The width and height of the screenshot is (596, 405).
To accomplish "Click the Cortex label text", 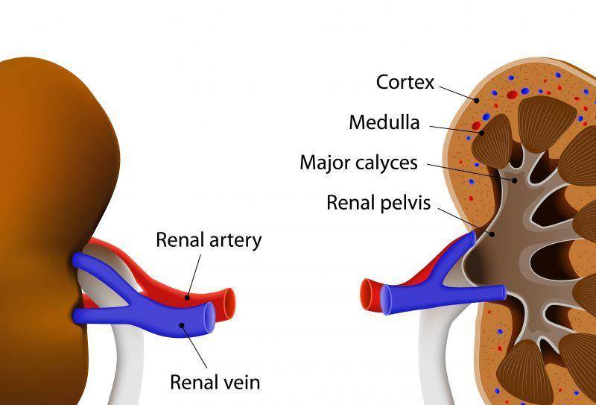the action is pos(405,82).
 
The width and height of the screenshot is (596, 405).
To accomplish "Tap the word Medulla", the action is pos(384,122).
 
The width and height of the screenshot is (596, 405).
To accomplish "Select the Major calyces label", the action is pos(358,163).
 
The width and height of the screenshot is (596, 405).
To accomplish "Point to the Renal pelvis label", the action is pos(378,203).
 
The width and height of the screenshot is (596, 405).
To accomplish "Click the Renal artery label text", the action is pos(209,241).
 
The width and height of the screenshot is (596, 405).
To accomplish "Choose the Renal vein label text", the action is pos(215,382).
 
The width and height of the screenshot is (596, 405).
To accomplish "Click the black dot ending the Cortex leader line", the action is pos(476,100).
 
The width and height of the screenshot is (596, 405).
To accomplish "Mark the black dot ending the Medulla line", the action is pos(481,133).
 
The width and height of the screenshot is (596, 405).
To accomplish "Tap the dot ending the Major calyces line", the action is pos(515,180).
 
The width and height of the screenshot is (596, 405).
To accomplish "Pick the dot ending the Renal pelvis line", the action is pos(492,234).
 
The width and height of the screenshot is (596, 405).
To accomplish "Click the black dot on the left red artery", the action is pos(187,298).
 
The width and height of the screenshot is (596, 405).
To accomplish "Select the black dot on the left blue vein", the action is pos(182,325).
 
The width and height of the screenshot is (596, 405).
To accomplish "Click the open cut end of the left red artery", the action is pos(229,304).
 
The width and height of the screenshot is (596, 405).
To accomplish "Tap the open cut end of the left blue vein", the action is pos(209,318).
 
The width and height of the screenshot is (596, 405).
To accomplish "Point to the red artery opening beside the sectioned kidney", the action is pos(367,294).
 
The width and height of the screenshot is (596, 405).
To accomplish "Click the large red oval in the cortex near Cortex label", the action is pos(512,95).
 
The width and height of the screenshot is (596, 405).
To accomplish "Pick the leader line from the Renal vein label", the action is pos(194,346).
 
